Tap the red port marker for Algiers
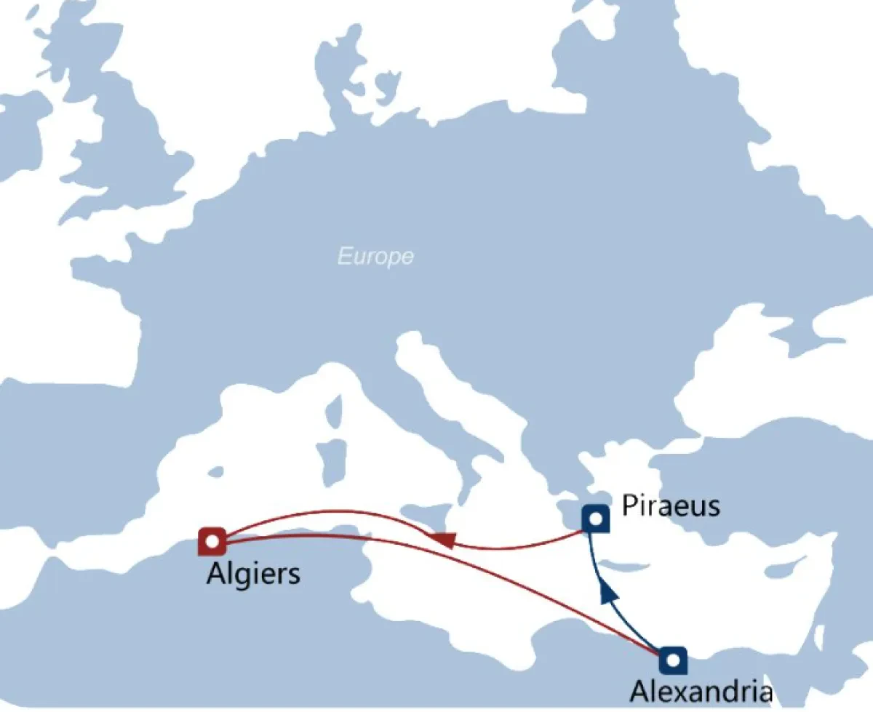click(x=212, y=541)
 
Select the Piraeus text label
click(x=671, y=504)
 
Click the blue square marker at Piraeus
click(x=596, y=519)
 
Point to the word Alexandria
click(x=701, y=690)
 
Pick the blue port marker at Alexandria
click(x=673, y=660)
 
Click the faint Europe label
click(x=375, y=256)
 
